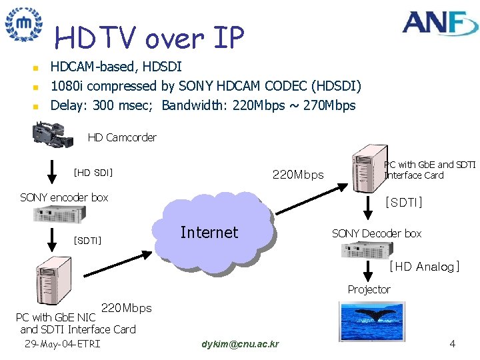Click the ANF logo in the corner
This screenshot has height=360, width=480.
tap(441, 23)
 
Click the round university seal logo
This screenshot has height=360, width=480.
tap(23, 25)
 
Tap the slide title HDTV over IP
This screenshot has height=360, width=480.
tap(149, 38)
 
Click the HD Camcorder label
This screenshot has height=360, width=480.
tap(122, 137)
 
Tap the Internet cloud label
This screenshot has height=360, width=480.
tap(209, 233)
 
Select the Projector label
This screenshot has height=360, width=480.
tap(369, 289)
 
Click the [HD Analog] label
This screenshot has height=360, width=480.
tap(424, 267)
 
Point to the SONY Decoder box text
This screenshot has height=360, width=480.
tap(377, 233)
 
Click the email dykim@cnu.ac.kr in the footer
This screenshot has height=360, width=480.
tap(240, 344)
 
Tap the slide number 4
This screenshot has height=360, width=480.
tap(453, 344)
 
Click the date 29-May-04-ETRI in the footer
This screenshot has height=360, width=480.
tap(61, 344)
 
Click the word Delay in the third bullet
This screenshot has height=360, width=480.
tap(65, 105)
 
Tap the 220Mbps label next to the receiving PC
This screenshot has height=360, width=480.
tap(298, 175)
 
